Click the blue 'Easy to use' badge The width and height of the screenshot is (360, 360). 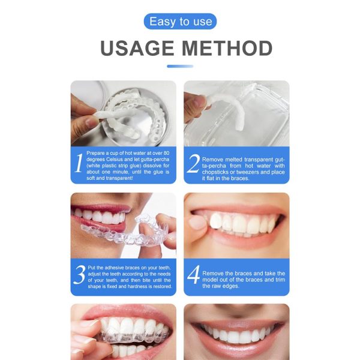pos(180,22)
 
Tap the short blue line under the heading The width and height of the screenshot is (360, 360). pos(180,66)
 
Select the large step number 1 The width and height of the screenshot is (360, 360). pos(78,163)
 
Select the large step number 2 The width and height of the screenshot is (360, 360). pos(193,163)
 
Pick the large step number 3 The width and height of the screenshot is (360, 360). pos(79,275)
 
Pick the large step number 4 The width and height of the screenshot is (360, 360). pos(193,275)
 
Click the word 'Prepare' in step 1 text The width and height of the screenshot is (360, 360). pos(97,153)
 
